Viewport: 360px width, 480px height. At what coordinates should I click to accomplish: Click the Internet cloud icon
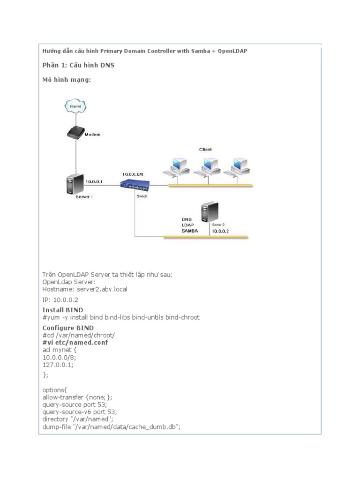coord(75,107)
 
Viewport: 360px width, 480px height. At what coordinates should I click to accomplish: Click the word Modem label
coord(92,134)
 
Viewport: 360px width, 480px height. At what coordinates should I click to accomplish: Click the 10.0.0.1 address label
coord(95,180)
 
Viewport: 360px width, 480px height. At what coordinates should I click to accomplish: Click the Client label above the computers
coord(205,150)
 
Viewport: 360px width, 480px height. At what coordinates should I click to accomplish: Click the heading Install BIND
coord(63,310)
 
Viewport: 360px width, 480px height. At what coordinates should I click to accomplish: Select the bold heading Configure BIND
coord(68,327)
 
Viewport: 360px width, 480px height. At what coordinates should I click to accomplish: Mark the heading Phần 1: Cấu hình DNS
coord(78,65)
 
